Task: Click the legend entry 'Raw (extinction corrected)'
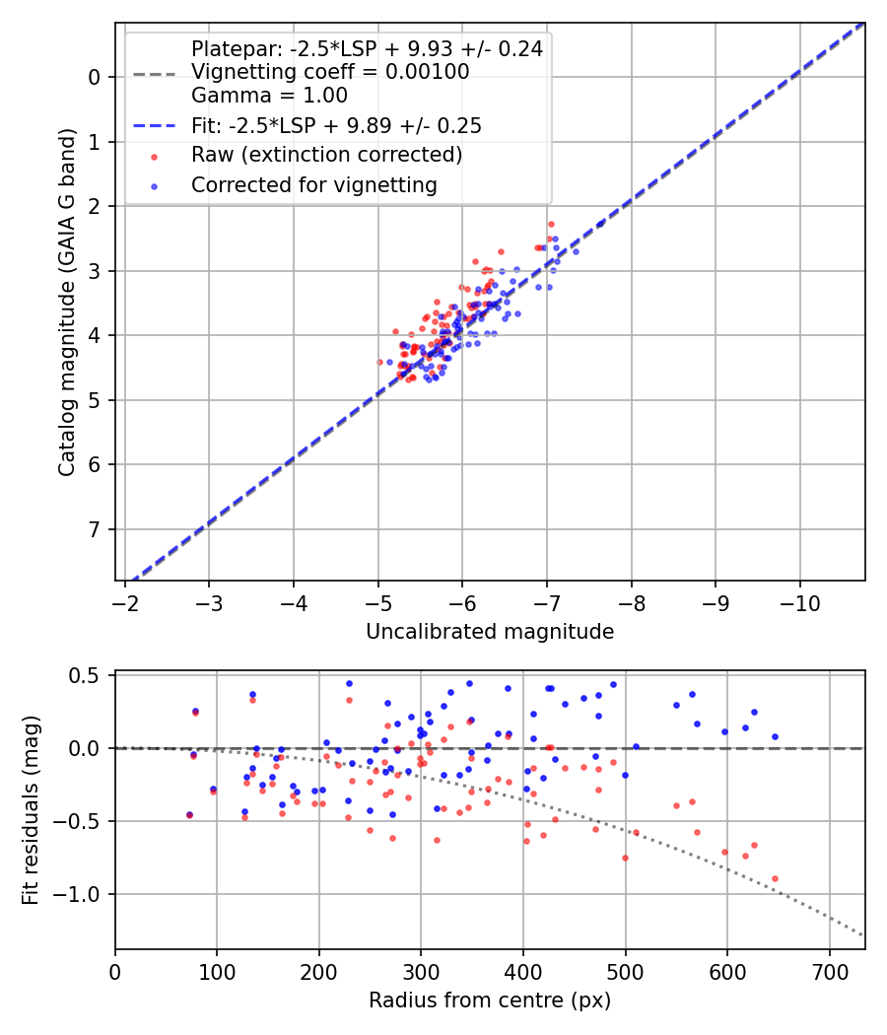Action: (x=326, y=155)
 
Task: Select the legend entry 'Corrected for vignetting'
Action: (x=313, y=184)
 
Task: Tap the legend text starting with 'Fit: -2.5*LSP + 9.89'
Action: (x=336, y=126)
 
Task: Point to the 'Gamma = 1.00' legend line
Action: (x=269, y=96)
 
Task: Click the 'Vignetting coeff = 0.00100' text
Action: (x=330, y=72)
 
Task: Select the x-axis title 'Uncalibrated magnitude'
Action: (x=490, y=632)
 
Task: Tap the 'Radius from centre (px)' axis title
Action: (x=490, y=1000)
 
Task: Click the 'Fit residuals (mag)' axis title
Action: (x=31, y=810)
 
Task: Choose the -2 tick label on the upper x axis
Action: (x=125, y=602)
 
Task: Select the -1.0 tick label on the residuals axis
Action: (x=85, y=894)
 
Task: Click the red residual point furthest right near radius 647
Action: (x=775, y=878)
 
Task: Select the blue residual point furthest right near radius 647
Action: (x=775, y=736)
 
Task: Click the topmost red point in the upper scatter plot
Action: (x=551, y=225)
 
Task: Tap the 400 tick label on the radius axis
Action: (x=523, y=971)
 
